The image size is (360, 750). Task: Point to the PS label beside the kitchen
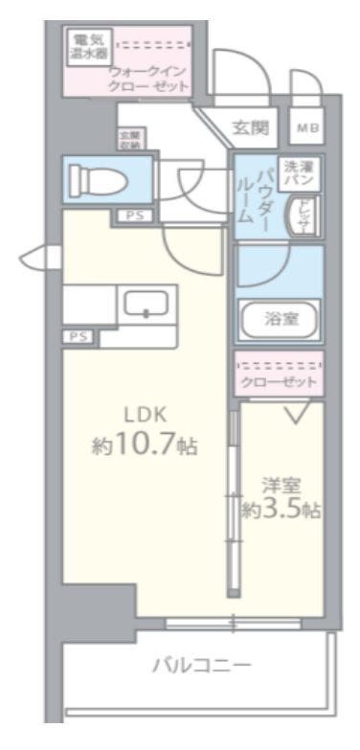click(79, 337)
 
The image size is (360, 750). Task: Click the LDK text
click(145, 415)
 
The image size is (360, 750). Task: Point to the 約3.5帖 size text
click(281, 511)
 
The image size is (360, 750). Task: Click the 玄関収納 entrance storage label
click(129, 141)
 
